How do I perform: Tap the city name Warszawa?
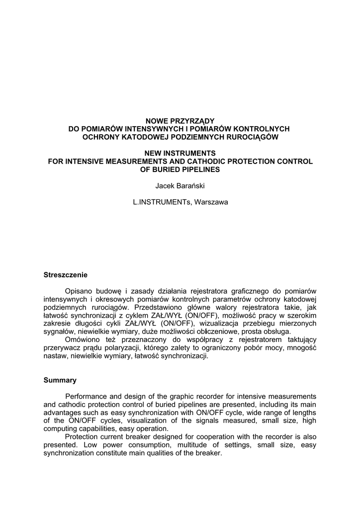(x=211, y=202)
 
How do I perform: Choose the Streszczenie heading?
(x=66, y=274)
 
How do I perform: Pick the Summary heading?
(x=60, y=380)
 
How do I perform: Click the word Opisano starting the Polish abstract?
(x=80, y=291)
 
